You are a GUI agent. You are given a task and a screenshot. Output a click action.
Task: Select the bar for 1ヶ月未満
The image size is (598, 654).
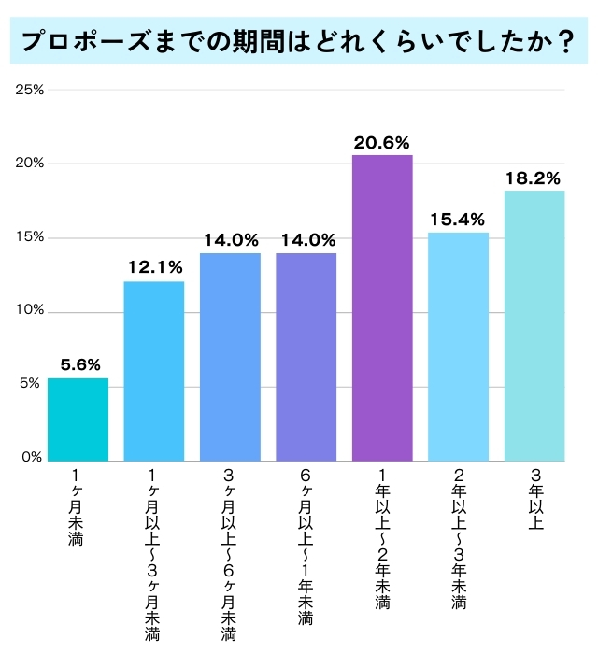(x=78, y=419)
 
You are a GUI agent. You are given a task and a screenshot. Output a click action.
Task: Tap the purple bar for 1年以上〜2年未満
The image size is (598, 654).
(x=382, y=308)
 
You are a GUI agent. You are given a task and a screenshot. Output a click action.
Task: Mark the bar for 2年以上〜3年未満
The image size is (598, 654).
(x=458, y=347)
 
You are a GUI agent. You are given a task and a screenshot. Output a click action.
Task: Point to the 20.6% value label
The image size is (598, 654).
(x=382, y=143)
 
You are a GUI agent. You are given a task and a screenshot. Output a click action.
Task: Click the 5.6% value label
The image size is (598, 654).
(x=78, y=365)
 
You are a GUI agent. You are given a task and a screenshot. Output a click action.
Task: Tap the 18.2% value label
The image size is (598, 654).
(x=534, y=178)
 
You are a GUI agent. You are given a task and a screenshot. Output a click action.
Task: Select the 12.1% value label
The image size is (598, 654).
(x=154, y=268)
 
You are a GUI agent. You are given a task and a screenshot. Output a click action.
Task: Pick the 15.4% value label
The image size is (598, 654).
(x=458, y=220)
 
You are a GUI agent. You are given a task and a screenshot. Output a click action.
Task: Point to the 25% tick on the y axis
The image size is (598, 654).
(x=31, y=91)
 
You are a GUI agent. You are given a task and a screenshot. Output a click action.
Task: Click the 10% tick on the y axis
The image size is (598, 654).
(x=31, y=311)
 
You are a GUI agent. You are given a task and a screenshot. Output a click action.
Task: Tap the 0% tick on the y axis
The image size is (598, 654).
(x=34, y=458)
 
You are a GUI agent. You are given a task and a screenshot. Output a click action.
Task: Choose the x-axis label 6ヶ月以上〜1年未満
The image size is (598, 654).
(x=306, y=547)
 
